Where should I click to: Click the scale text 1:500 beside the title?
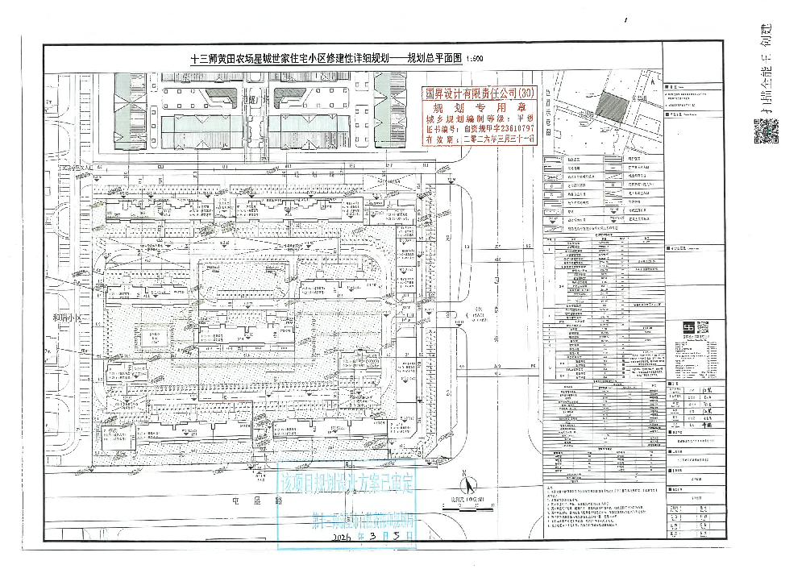tap(475, 59)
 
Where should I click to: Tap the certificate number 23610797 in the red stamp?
tap(511, 127)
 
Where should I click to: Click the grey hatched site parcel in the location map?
tap(614, 106)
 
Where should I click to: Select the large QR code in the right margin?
tap(767, 131)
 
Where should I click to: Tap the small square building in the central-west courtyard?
tap(152, 336)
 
